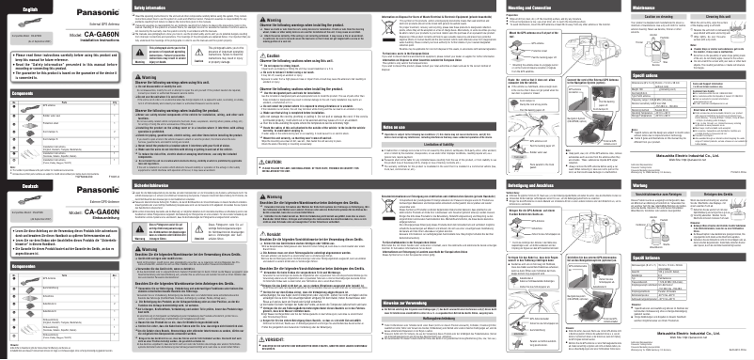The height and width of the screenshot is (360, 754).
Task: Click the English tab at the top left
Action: pyautogui.click(x=18, y=8)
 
